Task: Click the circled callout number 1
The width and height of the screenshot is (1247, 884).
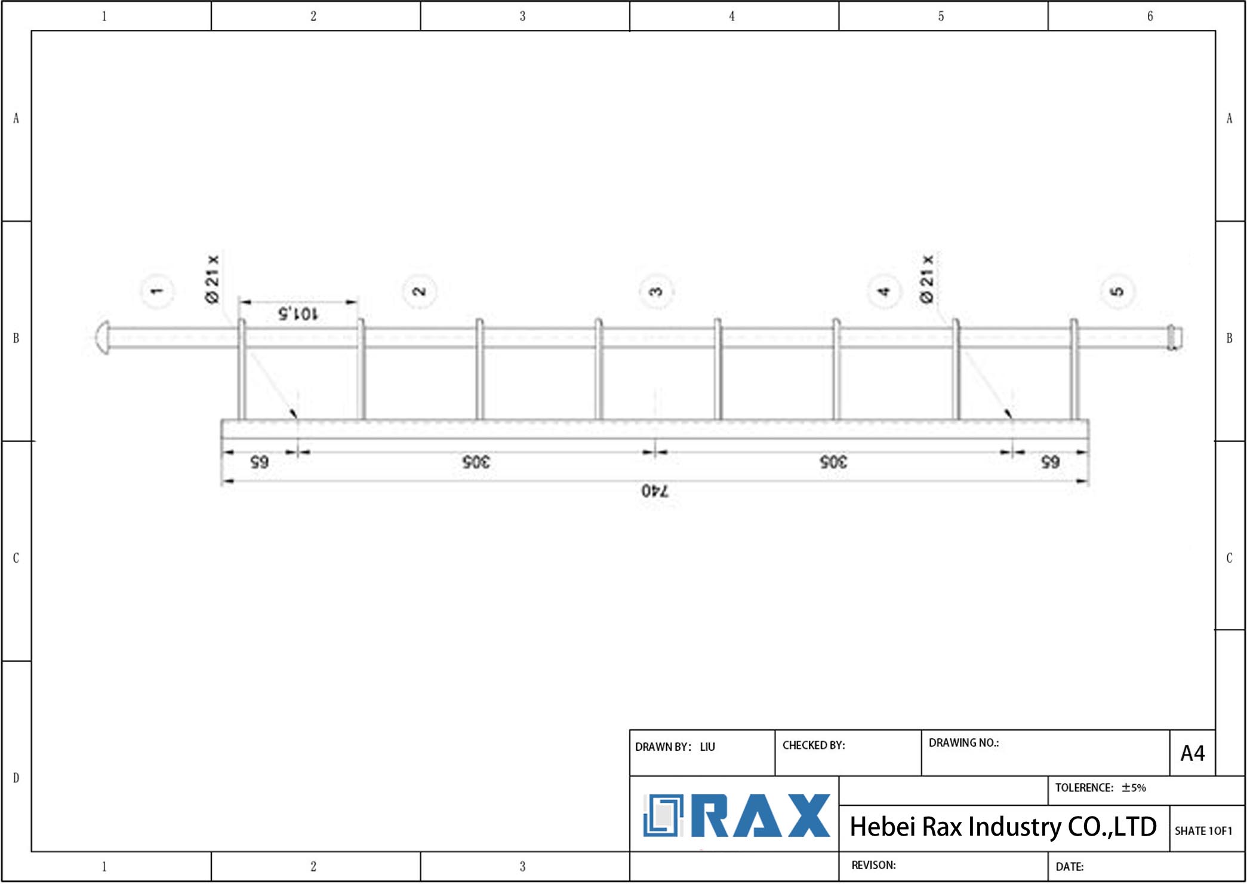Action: click(x=157, y=291)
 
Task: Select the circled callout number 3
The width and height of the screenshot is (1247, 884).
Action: click(x=656, y=291)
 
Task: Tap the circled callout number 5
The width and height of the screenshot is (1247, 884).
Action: click(x=1117, y=291)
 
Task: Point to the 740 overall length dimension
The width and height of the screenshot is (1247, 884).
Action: click(x=655, y=491)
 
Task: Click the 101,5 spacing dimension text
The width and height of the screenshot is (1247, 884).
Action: click(x=298, y=314)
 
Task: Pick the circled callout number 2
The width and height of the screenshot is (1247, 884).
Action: click(x=420, y=291)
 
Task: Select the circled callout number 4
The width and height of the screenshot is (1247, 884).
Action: click(x=884, y=291)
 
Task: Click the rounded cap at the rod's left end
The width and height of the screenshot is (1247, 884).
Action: click(x=103, y=337)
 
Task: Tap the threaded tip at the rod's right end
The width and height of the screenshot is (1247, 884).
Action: click(x=1174, y=337)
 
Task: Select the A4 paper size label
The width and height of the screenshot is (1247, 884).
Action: click(x=1193, y=753)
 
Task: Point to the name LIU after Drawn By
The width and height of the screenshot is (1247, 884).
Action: click(x=707, y=747)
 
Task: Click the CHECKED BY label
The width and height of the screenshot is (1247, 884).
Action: click(x=814, y=745)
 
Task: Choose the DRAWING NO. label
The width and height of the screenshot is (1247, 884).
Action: click(x=963, y=743)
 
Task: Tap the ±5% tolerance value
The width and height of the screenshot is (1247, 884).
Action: click(x=1134, y=788)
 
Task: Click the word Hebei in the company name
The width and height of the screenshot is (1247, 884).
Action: click(x=882, y=827)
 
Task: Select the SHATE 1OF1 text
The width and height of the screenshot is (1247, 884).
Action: click(x=1203, y=831)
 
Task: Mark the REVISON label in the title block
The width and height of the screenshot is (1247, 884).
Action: click(x=873, y=865)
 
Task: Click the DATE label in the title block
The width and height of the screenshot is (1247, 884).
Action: click(x=1070, y=867)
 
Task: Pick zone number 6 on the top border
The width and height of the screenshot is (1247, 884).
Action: click(x=1150, y=16)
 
